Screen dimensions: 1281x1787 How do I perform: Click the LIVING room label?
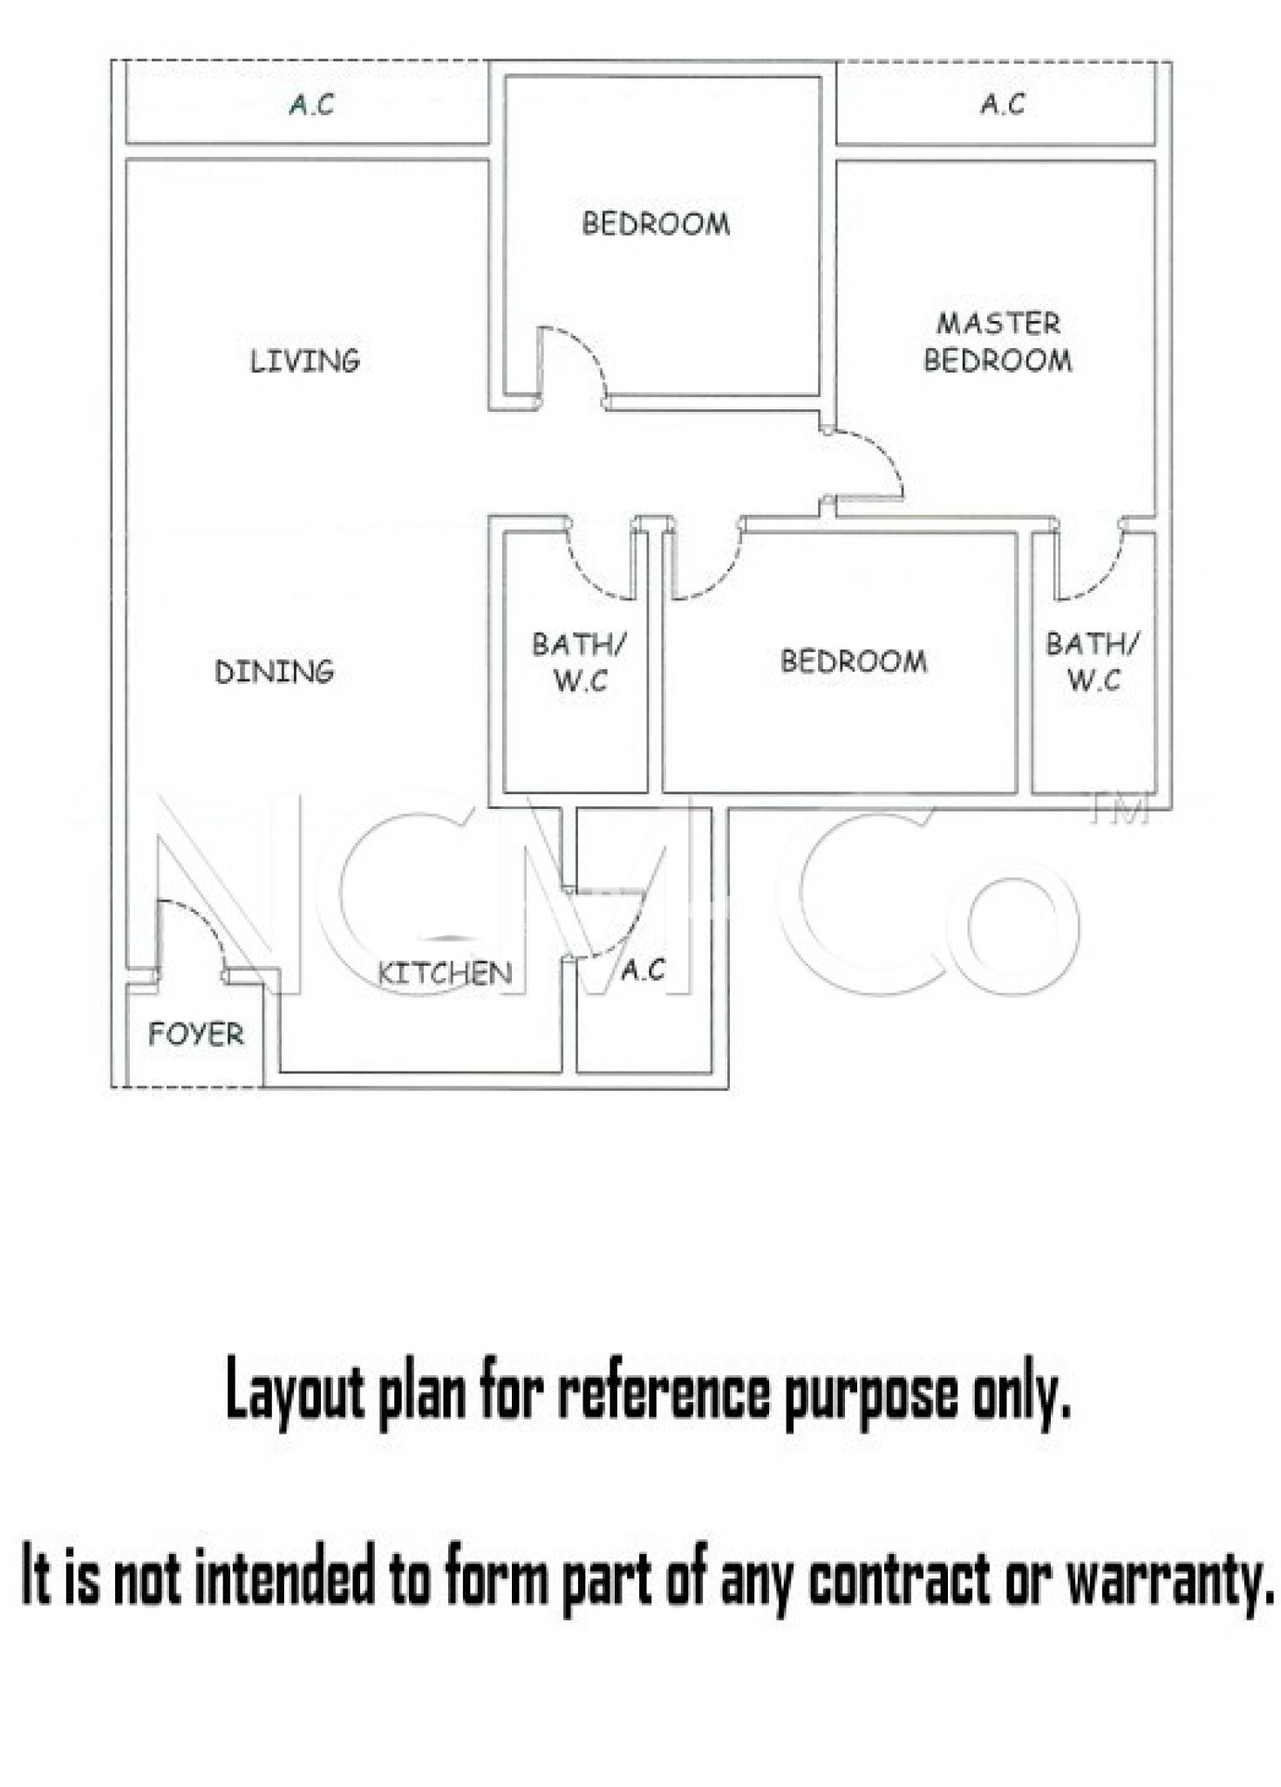point(304,360)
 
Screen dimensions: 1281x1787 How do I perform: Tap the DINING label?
point(275,671)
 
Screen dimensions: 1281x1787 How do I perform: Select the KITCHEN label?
point(445,973)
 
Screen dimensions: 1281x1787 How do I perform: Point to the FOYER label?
point(196,1034)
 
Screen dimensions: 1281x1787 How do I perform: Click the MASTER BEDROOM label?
point(998,342)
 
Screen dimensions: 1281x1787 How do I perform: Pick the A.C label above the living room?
point(311,105)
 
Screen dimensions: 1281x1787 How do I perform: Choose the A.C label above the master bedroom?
point(1002,105)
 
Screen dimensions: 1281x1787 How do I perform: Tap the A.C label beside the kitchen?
point(644,969)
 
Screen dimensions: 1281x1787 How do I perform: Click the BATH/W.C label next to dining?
point(579,662)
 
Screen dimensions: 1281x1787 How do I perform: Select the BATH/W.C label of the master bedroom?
point(1093,662)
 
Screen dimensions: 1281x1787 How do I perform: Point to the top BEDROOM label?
point(656,223)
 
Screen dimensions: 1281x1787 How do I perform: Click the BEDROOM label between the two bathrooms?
point(854,661)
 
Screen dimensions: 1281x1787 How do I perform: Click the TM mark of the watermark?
point(1121,809)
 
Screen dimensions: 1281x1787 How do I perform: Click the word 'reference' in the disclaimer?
point(664,1391)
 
